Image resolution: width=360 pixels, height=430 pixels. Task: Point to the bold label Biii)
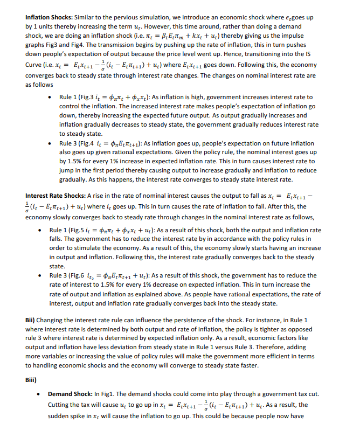pyautogui.click(x=33, y=380)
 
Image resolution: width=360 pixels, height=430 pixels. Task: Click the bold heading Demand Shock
pyautogui.click(x=73, y=394)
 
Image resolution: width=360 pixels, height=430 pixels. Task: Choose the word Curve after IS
pyautogui.click(x=36, y=65)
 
